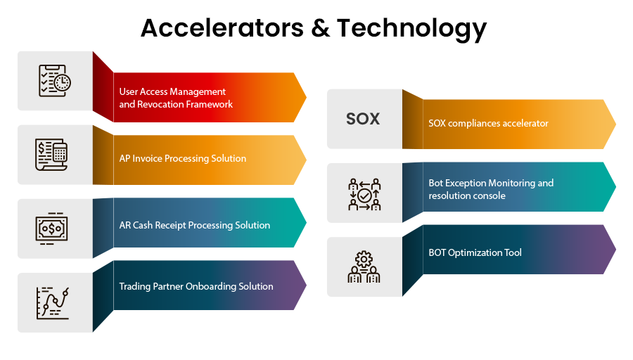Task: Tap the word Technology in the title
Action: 411,28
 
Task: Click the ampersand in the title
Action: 316,28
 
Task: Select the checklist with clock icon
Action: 54,81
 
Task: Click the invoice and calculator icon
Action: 51,155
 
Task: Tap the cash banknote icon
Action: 51,229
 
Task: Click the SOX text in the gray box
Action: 363,119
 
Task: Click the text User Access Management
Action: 172,91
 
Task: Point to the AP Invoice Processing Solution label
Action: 183,158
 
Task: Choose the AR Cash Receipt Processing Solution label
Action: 195,225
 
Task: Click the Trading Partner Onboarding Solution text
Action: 196,286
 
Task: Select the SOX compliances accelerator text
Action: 488,123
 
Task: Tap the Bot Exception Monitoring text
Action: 491,183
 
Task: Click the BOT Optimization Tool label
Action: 475,252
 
